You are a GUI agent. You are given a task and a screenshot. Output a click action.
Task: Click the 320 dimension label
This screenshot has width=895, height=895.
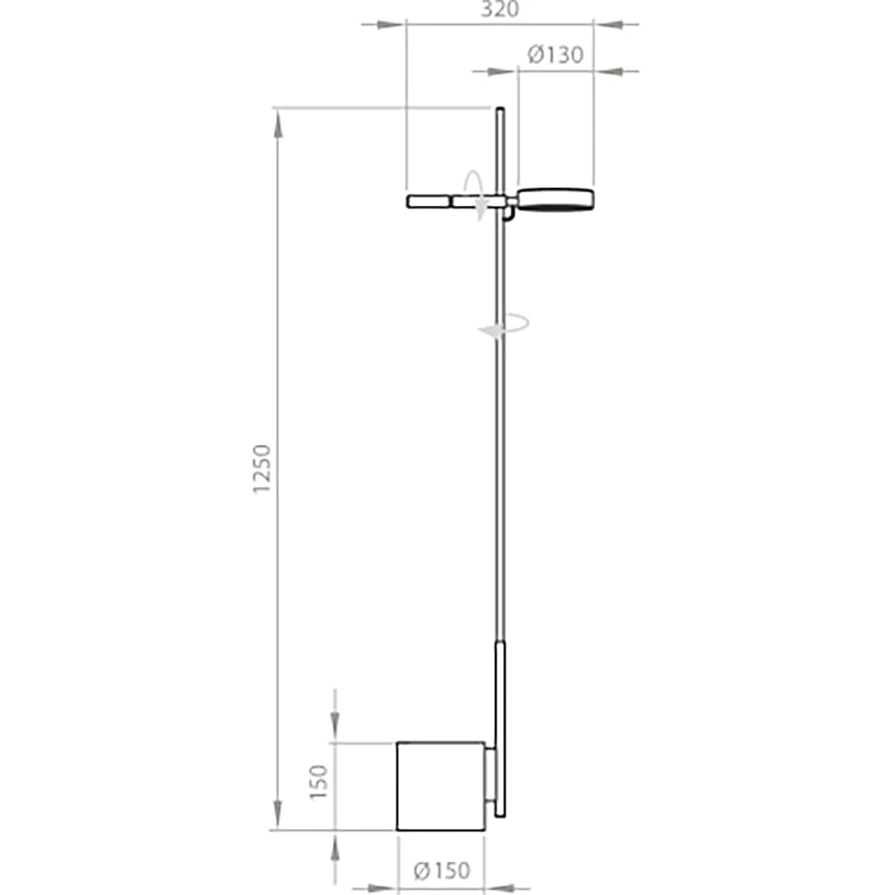500,9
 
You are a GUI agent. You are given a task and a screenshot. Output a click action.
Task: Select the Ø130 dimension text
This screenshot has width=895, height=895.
555,55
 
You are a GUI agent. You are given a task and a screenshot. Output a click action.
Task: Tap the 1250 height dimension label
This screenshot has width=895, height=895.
261,470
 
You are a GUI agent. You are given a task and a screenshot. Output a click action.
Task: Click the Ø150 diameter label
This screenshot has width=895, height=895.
441,870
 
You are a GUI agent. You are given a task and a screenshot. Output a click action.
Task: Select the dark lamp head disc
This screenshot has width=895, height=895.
556,200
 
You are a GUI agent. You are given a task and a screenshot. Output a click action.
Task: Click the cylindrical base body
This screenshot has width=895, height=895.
440,786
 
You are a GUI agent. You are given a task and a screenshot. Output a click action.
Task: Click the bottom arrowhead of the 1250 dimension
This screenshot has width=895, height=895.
277,815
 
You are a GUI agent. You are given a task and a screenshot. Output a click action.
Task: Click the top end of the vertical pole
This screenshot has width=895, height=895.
500,111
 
